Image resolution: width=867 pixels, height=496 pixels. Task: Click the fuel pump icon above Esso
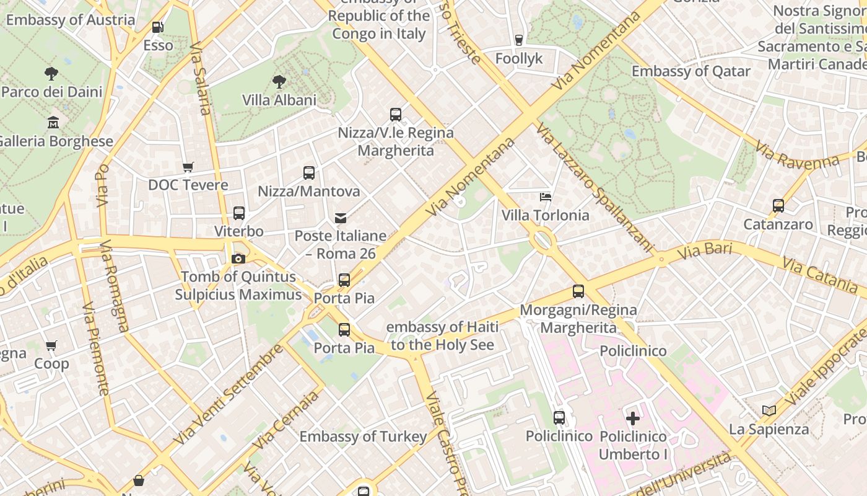[158, 27]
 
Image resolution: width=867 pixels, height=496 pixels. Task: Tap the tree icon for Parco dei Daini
[51, 74]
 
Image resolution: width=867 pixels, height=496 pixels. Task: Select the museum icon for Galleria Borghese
[53, 123]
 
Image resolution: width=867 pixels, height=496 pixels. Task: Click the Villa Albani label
[279, 100]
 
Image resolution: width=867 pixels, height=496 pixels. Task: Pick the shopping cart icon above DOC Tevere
[188, 167]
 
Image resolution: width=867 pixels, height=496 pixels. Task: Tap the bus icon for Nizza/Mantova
[308, 173]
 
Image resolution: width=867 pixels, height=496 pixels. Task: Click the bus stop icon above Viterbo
[239, 213]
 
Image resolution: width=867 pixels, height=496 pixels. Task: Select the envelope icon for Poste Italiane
[341, 218]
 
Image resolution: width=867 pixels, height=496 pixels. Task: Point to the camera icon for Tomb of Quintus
[238, 259]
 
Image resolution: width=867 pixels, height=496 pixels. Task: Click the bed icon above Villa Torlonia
[546, 197]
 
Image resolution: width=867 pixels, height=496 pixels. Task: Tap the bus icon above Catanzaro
[778, 206]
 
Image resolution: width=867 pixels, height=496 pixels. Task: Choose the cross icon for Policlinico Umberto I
[633, 418]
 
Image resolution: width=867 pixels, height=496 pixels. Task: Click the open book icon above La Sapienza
[769, 410]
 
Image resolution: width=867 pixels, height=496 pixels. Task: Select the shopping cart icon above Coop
[51, 345]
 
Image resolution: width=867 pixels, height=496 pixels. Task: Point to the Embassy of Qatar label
[691, 71]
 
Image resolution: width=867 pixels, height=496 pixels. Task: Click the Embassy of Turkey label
[364, 436]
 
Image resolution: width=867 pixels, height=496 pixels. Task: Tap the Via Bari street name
[705, 252]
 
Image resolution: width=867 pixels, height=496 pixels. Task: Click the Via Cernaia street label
[286, 420]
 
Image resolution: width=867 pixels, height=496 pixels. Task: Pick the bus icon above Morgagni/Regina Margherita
[578, 291]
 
